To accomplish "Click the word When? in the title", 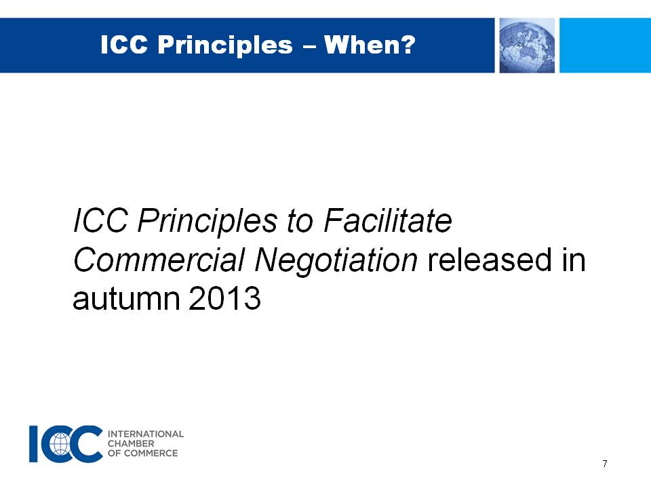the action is [x=370, y=45].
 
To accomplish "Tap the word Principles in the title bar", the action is [x=225, y=45].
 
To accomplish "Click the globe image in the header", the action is [x=527, y=45].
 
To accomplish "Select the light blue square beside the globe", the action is [x=605, y=45].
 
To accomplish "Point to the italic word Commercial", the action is [x=159, y=260].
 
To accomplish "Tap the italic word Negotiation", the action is [x=336, y=260].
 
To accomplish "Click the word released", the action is [x=490, y=260].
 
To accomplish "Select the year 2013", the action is [x=224, y=298].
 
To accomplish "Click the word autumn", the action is [x=127, y=299].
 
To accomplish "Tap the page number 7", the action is [x=605, y=464].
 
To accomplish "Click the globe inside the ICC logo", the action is [x=60, y=443].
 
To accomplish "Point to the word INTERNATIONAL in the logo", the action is [x=146, y=434].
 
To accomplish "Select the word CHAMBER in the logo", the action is [x=131, y=443].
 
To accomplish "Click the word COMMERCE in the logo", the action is [x=151, y=453].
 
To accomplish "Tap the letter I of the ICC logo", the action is [x=34, y=443].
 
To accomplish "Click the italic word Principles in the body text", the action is [x=208, y=221].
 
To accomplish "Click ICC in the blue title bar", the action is [x=124, y=45].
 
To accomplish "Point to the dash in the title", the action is [x=309, y=46].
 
